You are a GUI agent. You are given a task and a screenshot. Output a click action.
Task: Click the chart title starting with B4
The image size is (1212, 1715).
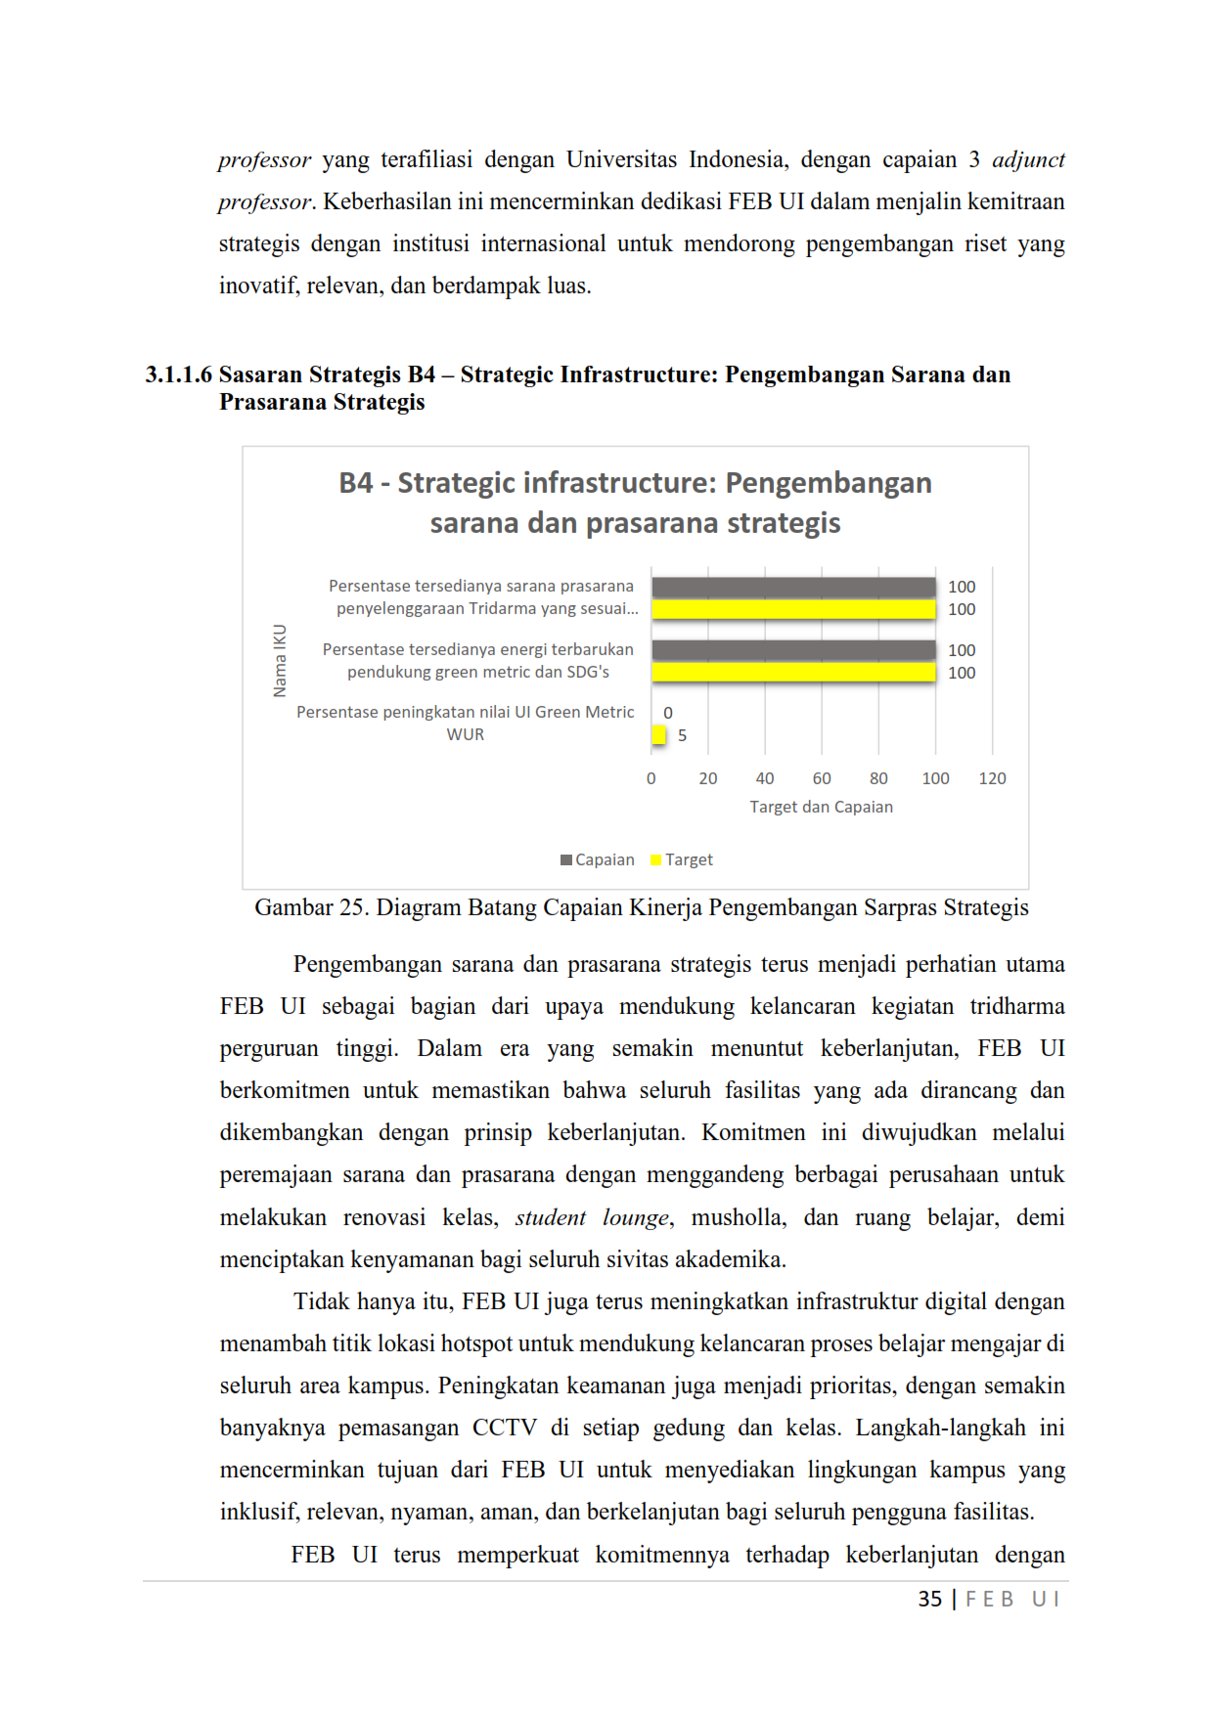click(635, 503)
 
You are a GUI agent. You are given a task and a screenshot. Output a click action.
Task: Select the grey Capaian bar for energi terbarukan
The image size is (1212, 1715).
click(793, 650)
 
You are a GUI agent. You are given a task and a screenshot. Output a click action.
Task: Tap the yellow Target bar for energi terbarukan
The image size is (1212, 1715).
click(793, 673)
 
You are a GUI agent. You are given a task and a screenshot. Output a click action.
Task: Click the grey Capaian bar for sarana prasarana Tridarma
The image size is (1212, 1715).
click(793, 587)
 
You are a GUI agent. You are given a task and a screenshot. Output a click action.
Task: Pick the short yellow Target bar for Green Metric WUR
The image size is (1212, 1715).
click(658, 735)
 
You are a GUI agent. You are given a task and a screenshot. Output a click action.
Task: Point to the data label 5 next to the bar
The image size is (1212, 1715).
click(682, 735)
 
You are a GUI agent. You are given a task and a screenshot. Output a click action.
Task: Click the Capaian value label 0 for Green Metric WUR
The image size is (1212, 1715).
click(668, 713)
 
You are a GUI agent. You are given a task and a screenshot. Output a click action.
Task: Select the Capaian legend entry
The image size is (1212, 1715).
click(598, 859)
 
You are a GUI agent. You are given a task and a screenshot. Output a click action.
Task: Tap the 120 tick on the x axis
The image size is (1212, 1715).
click(992, 778)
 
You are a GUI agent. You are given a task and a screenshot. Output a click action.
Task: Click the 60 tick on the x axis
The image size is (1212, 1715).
click(822, 778)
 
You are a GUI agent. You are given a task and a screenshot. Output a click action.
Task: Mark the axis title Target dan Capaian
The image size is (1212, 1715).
click(821, 807)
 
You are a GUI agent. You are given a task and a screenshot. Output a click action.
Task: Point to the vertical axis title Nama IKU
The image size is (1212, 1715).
click(280, 661)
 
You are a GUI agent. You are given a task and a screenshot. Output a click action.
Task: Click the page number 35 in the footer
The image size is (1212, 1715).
click(929, 1599)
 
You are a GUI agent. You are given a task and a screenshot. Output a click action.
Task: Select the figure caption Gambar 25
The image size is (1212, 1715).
click(641, 907)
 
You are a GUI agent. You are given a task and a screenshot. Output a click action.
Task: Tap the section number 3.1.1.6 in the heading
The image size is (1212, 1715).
click(178, 374)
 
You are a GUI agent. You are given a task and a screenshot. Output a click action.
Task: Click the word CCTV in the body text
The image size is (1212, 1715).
click(504, 1428)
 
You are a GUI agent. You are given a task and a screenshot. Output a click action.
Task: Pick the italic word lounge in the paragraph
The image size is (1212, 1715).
click(636, 1217)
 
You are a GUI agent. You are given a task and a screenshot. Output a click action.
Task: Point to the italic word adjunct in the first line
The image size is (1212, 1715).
click(1028, 159)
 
